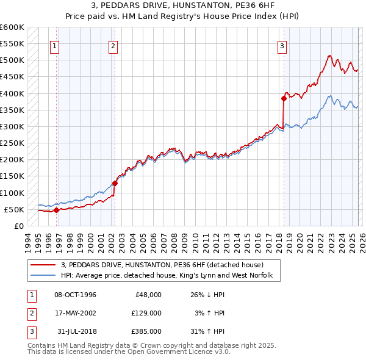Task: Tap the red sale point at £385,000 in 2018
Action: (284, 98)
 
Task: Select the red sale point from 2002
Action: (115, 183)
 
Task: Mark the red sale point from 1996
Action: (56, 210)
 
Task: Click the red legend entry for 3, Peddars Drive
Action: (162, 265)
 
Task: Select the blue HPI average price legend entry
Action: (170, 276)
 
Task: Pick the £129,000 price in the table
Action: (146, 313)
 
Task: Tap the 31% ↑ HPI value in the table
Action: (210, 331)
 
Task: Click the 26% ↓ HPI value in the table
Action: (210, 295)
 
